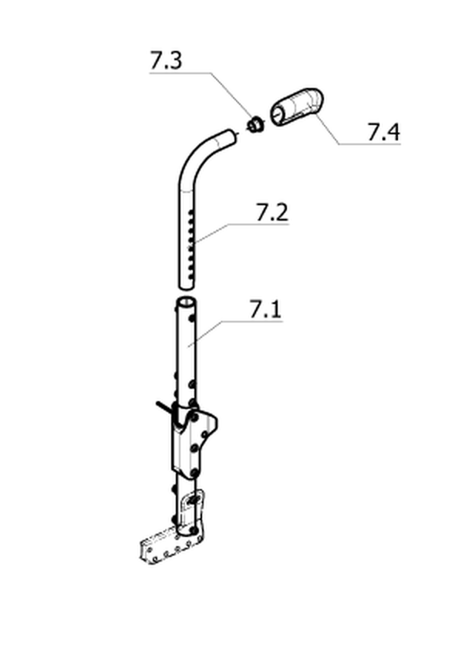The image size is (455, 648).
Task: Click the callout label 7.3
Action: (x=165, y=60)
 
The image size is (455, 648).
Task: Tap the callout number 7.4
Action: (x=383, y=132)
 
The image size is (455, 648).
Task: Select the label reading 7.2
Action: (x=272, y=213)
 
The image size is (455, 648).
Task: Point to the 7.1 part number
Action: (x=265, y=309)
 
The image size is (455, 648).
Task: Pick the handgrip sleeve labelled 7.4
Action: (x=297, y=106)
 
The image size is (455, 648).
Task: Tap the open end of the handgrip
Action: (x=278, y=114)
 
